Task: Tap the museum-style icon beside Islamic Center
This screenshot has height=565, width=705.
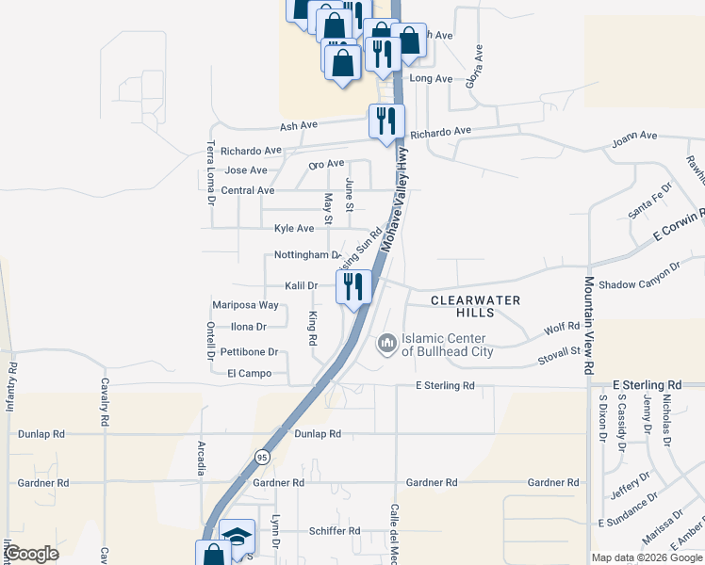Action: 386,345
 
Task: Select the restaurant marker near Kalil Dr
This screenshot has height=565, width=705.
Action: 354,286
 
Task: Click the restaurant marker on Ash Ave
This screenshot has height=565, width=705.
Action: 386,121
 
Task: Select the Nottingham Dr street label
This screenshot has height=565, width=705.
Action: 306,255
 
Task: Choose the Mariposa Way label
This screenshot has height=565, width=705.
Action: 245,305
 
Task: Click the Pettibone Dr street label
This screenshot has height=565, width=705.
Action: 249,352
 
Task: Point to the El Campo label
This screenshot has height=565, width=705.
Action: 249,374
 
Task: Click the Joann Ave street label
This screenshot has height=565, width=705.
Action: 634,136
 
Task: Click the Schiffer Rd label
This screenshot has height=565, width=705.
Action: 335,531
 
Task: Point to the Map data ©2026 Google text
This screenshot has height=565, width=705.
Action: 646,557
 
